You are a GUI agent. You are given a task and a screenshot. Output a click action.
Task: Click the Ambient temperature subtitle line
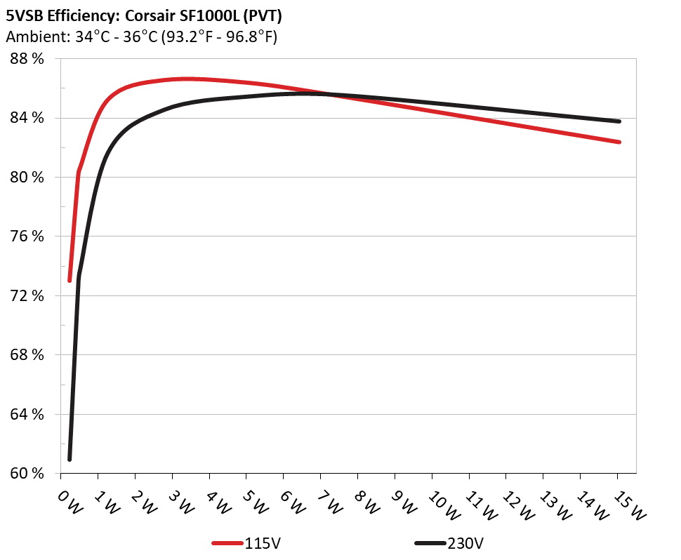pos(141,36)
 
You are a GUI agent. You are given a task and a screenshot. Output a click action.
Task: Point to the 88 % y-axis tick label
pos(27,59)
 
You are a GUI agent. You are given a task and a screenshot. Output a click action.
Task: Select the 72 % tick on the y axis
pos(27,296)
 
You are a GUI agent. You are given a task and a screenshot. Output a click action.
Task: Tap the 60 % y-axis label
pos(27,474)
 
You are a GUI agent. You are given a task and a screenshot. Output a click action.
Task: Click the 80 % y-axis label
pos(27,178)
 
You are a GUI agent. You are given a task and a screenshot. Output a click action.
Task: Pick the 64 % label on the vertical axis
pos(27,415)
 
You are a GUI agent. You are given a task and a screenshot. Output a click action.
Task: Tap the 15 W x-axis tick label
pos(627,502)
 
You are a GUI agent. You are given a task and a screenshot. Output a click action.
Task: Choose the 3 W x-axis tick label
pos(180,501)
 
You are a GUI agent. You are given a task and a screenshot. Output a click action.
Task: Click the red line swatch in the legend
pos(227,543)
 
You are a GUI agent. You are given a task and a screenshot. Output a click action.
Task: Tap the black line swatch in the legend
pos(430,543)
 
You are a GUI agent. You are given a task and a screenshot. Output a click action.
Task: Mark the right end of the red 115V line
pos(619,142)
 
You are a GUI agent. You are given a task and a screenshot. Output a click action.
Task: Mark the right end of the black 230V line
pos(619,121)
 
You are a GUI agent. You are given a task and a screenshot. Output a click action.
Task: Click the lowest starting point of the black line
pos(70,459)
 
